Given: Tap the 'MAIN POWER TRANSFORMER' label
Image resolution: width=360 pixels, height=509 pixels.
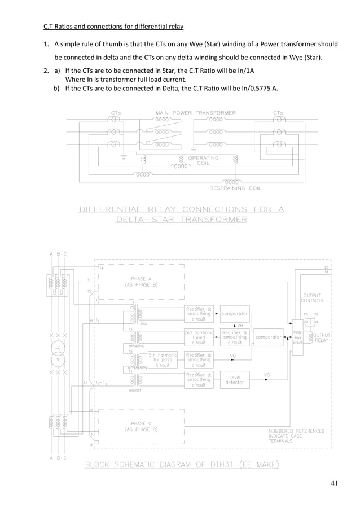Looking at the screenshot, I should pos(196,113).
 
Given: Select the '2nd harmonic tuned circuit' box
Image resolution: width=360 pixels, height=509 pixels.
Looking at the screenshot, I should pos(199,337).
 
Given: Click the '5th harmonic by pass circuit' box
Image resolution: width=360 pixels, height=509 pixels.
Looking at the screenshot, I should pos(162,360).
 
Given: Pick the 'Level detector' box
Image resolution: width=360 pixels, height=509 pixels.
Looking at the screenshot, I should pos(235,381).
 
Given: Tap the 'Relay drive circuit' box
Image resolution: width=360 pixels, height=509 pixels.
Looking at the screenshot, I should pos(298,337).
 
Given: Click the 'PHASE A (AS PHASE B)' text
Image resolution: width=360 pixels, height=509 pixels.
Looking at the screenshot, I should pos(141,282).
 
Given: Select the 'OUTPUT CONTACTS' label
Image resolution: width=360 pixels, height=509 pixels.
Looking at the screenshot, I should pos(312,298).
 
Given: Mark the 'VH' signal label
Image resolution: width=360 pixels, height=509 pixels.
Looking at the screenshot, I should pos(240,326).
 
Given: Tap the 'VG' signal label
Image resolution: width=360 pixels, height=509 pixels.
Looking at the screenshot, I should pos(267,374).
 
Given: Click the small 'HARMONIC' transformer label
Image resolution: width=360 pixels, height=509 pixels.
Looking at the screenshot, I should pos(137,346).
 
